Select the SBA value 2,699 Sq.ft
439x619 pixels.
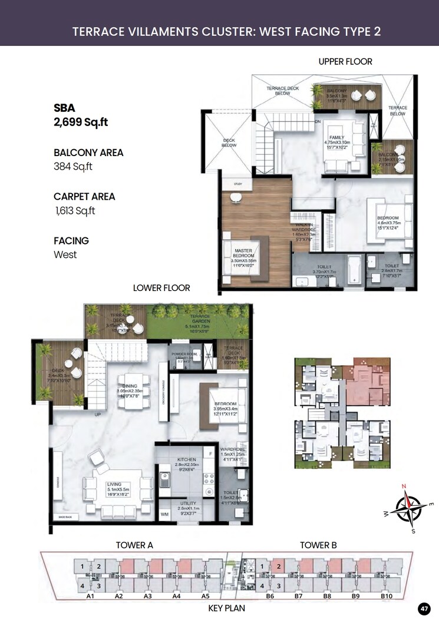[x=81, y=123]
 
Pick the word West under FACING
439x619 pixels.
[x=65, y=255]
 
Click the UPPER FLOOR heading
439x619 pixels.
[x=345, y=61]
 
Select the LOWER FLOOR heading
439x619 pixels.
[x=161, y=288]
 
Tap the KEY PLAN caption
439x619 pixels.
[x=227, y=608]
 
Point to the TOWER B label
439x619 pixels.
[x=318, y=545]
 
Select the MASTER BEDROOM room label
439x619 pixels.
[x=243, y=252]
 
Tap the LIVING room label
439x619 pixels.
[x=114, y=485]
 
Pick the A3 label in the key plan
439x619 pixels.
[x=148, y=596]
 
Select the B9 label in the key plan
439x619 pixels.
[x=355, y=596]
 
